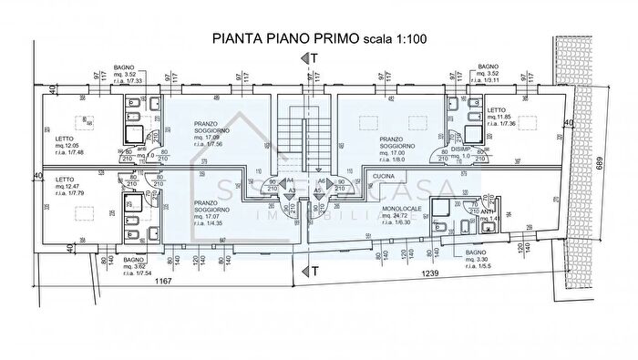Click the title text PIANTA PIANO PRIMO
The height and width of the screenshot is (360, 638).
pos(285,38)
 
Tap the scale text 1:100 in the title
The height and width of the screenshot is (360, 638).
pos(410,38)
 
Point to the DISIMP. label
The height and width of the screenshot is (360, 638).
pos(460,149)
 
